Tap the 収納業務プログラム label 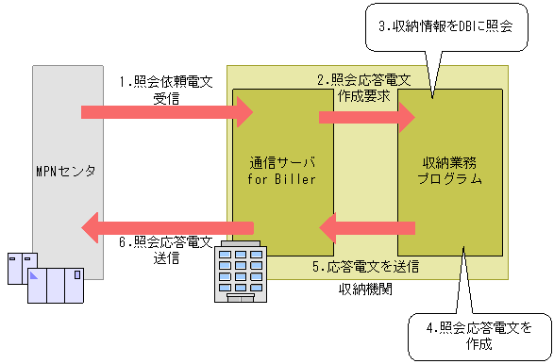point(449,170)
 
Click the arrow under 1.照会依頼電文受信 point(168,113)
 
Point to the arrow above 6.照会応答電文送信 point(168,226)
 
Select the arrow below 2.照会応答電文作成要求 point(367,117)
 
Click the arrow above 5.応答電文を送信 point(368,226)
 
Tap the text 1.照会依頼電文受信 point(166,89)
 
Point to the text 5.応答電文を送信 point(366,267)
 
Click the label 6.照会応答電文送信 point(166,249)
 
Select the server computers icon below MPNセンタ point(46,279)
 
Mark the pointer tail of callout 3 point(431,93)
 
